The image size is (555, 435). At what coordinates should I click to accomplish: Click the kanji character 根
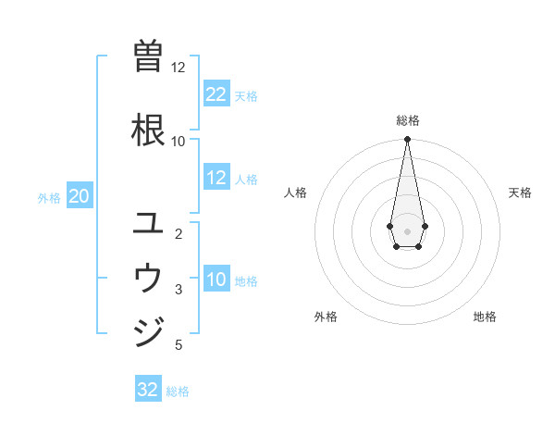click(x=149, y=130)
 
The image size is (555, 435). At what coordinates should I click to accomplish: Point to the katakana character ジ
click(x=149, y=330)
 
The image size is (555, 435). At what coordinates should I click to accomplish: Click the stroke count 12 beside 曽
click(x=178, y=68)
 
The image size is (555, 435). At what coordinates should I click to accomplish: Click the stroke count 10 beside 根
click(x=178, y=141)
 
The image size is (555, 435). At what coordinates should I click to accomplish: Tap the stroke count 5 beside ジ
click(x=178, y=345)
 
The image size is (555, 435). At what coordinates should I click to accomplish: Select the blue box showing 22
click(x=216, y=94)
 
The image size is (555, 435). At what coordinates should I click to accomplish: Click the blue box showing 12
click(x=216, y=179)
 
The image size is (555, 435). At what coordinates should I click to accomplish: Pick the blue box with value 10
click(x=216, y=280)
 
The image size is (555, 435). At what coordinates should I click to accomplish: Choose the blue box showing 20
click(x=80, y=196)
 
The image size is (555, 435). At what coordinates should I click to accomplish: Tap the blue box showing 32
click(x=148, y=390)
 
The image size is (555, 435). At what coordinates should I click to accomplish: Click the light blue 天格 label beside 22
click(x=246, y=95)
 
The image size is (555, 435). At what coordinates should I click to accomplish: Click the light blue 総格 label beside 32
click(x=178, y=391)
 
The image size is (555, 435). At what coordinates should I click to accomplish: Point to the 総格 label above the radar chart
click(x=407, y=120)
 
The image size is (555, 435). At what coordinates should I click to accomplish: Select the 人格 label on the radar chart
click(x=296, y=193)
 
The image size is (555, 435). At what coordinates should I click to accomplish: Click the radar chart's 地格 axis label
click(x=485, y=317)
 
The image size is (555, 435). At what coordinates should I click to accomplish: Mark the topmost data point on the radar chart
click(x=407, y=139)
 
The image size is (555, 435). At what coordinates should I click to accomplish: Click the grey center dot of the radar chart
click(x=407, y=230)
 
